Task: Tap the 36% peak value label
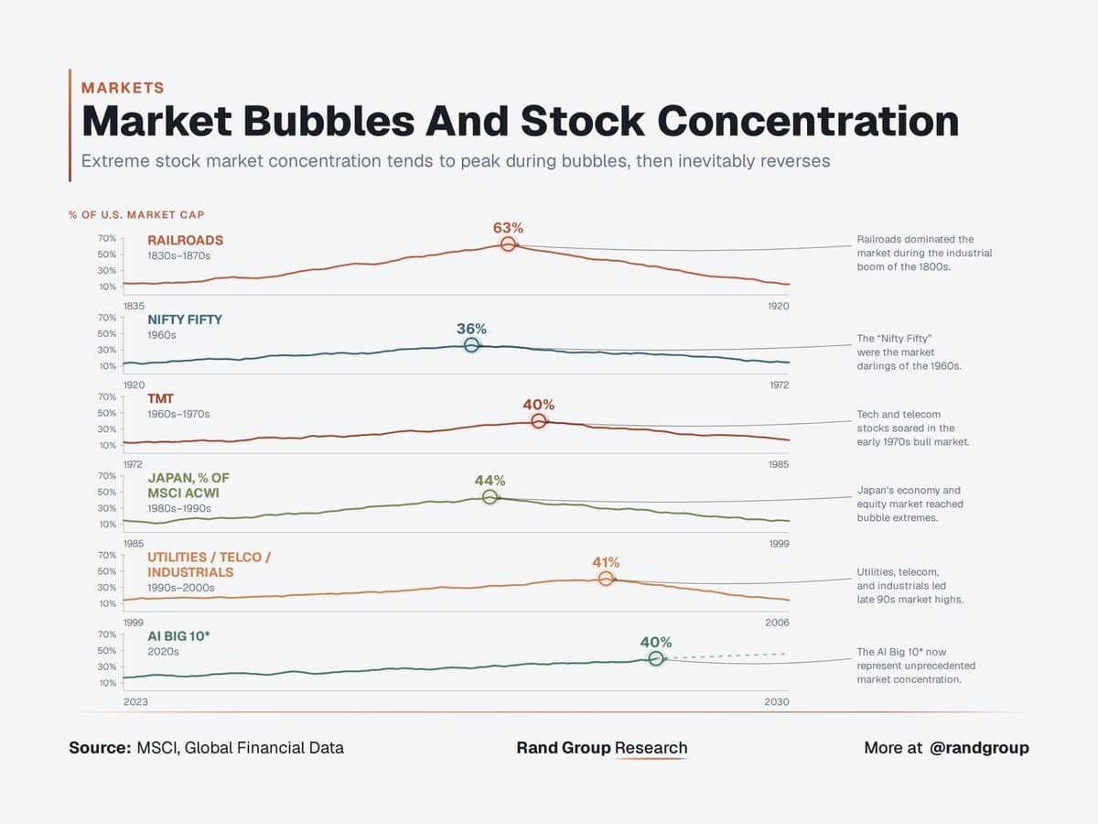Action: tap(471, 329)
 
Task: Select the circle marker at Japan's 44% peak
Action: tap(490, 497)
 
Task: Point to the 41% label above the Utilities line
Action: tap(606, 562)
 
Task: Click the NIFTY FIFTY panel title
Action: tap(185, 320)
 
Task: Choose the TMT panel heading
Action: tap(160, 399)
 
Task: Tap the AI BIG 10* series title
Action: tap(178, 636)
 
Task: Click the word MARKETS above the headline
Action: tap(123, 88)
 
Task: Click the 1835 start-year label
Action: tap(134, 306)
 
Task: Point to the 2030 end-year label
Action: tap(777, 702)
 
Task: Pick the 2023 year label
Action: tap(135, 702)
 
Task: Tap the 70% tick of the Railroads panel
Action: tap(107, 238)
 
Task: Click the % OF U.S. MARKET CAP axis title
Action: tap(136, 215)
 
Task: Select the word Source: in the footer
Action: tap(100, 748)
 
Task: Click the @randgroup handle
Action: tap(979, 748)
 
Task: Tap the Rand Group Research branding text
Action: tap(602, 748)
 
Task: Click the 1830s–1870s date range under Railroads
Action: tap(178, 255)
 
